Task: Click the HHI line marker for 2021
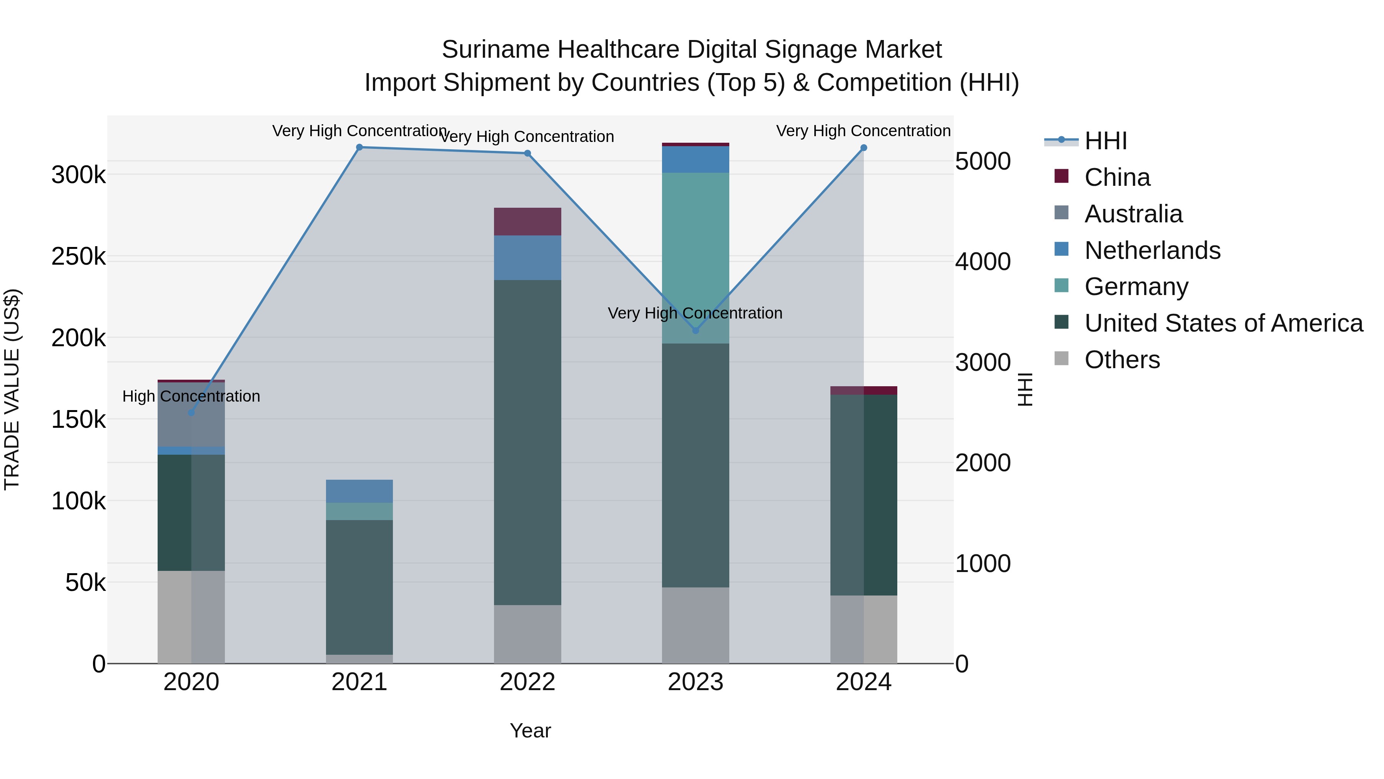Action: point(359,147)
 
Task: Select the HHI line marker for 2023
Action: point(695,330)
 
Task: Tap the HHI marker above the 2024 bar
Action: point(863,147)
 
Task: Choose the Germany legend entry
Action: point(1135,287)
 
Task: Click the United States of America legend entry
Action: point(1223,323)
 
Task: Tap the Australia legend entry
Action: point(1133,214)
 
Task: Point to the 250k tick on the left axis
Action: point(78,257)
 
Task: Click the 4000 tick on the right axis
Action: point(983,262)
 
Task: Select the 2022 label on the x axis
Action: point(527,682)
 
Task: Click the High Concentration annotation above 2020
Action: point(191,396)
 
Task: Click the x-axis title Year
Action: point(530,731)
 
